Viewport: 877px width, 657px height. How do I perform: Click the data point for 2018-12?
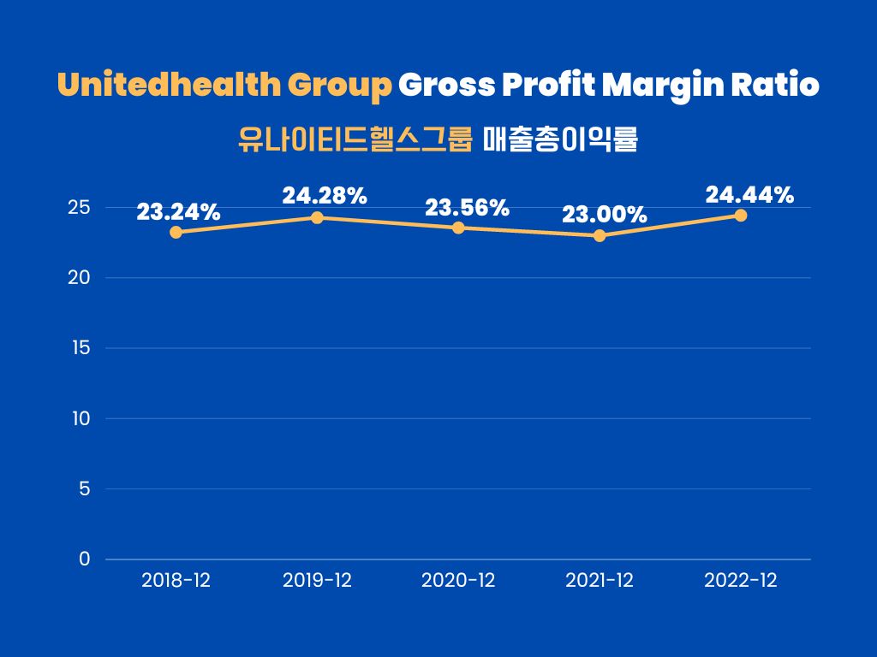point(176,232)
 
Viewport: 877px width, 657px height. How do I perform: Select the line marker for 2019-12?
point(317,217)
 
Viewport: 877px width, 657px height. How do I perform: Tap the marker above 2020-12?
point(458,228)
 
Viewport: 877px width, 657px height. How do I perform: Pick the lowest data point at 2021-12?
point(600,235)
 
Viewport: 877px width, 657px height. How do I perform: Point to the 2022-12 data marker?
point(741,216)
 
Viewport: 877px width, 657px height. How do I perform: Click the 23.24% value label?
point(179,212)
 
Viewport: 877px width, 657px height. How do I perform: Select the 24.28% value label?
point(325,196)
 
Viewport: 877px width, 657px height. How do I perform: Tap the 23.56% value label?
point(468,208)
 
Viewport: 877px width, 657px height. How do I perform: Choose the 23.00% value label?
point(605,215)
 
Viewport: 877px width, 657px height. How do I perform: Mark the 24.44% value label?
point(749,195)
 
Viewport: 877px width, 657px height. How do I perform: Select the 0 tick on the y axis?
point(84,559)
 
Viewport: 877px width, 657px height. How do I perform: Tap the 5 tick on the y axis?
point(84,489)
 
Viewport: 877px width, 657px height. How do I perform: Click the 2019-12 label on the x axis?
point(317,581)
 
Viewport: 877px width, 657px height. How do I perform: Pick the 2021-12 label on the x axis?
point(600,581)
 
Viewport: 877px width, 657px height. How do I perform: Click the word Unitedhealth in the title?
point(168,86)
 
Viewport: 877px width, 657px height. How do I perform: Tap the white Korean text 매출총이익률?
point(560,139)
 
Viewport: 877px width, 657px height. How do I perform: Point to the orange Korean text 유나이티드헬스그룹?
point(355,139)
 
